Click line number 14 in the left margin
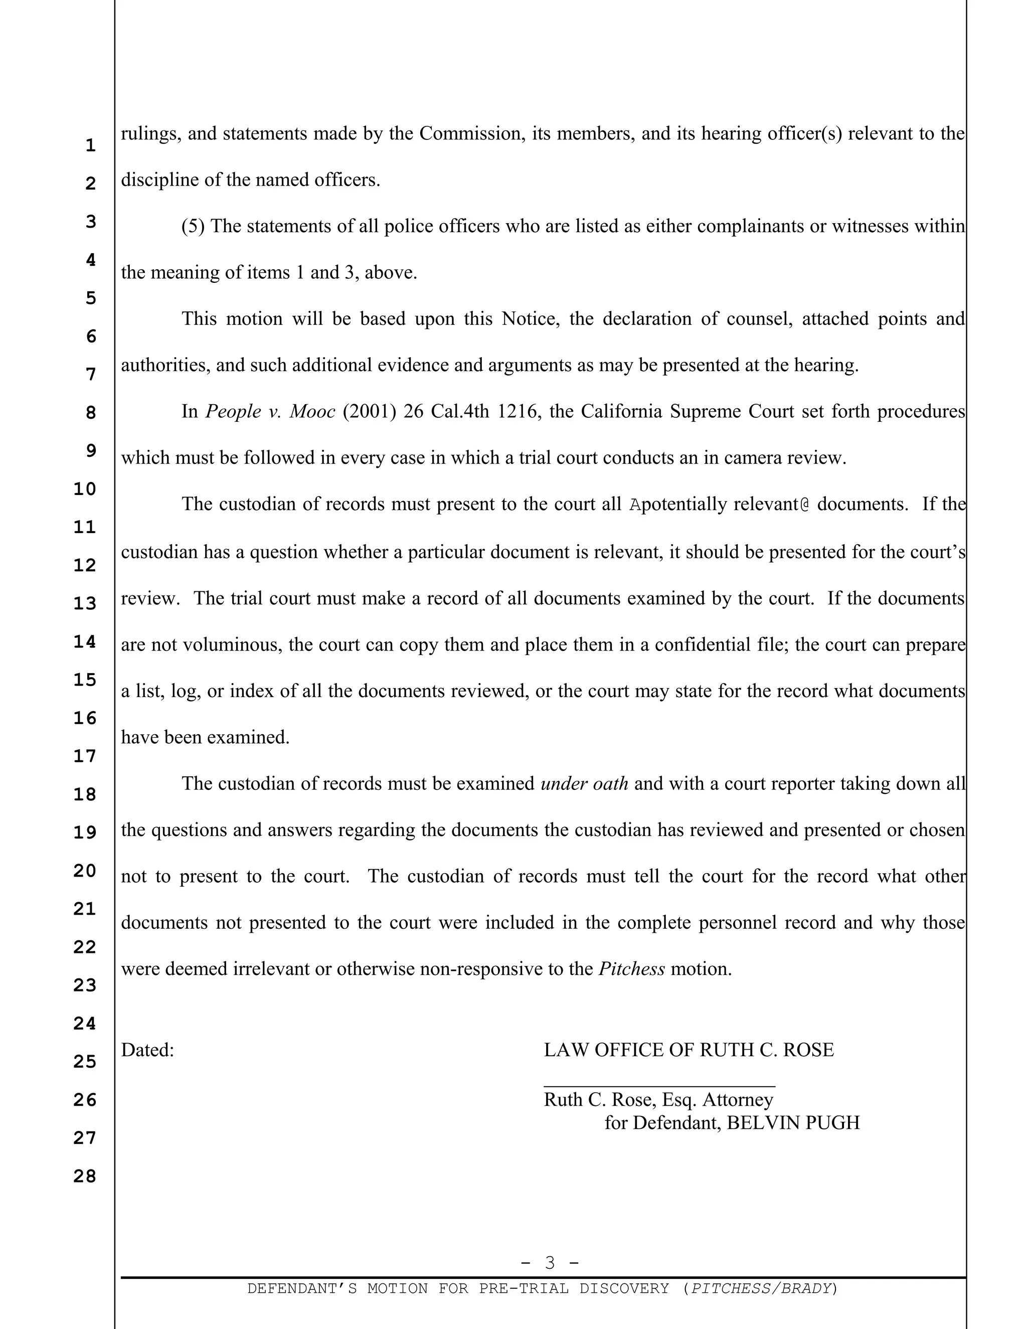pos(85,641)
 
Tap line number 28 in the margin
pos(85,1176)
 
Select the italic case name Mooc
pos(312,411)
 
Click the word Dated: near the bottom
pos(147,1050)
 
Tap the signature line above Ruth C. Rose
pos(659,1086)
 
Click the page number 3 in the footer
pos(550,1263)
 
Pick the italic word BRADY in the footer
pos(806,1288)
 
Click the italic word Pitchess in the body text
pos(631,969)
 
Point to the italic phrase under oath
pos(584,783)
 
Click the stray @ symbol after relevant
pos(805,505)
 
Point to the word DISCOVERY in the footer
pos(624,1288)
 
